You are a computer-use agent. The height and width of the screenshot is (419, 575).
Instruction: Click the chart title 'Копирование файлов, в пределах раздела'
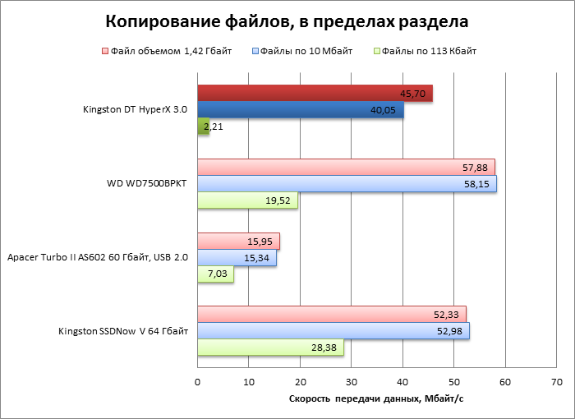coord(287,21)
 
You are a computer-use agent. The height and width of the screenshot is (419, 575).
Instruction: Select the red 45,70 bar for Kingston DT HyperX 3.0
coord(315,94)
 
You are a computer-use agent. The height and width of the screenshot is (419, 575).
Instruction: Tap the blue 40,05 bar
coord(300,110)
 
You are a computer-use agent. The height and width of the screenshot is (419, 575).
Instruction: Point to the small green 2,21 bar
coord(203,127)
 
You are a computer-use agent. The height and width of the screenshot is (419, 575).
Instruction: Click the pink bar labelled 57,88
coord(346,168)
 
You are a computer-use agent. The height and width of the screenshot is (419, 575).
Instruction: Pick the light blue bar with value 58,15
coord(347,184)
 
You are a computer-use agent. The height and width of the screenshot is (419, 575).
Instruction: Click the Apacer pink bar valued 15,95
coord(238,241)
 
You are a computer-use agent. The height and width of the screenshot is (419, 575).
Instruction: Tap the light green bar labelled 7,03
coord(215,274)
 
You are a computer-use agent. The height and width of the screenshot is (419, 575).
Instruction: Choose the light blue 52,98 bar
coord(333,331)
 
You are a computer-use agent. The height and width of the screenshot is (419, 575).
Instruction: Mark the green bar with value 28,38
coord(270,348)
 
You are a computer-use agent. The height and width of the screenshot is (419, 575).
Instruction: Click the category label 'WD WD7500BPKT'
coord(141,183)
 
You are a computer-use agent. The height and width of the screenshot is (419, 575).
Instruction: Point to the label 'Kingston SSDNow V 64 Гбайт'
coord(123,331)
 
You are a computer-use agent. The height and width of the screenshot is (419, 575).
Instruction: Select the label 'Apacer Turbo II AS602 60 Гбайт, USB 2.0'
coord(98,257)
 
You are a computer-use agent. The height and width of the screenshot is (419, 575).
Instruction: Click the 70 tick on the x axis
coord(557,382)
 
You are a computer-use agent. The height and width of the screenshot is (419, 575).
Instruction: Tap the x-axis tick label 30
coord(352,382)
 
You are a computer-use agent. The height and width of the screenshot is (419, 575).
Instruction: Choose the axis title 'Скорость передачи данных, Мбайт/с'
coord(377,399)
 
